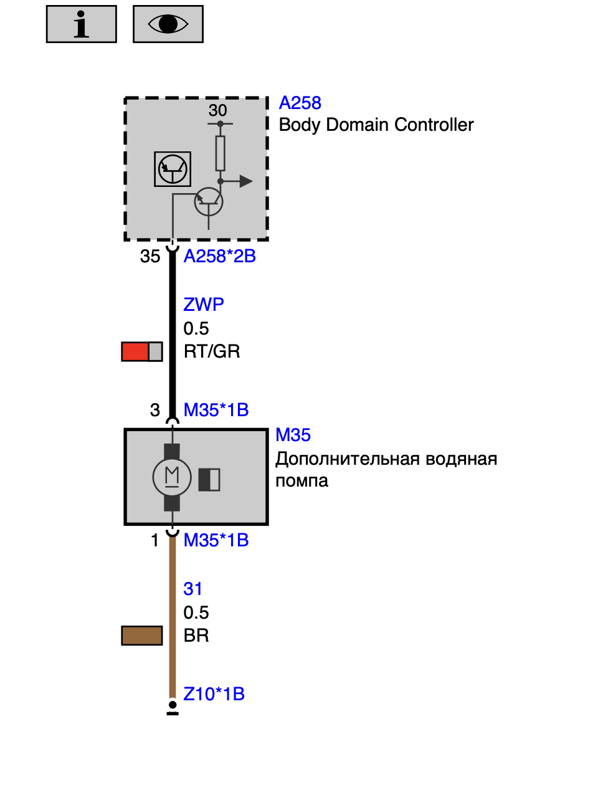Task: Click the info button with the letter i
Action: point(81,24)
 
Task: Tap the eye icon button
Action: point(168,24)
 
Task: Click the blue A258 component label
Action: point(300,103)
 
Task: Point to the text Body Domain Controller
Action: point(376,125)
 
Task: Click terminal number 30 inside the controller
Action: point(217,110)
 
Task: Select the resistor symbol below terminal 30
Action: point(220,153)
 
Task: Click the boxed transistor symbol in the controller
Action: point(173,169)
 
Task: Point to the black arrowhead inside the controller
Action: point(246,181)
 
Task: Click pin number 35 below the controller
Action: point(150,257)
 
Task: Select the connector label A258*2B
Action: point(220,257)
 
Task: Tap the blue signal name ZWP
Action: point(204,305)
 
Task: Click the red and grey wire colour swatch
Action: point(142,351)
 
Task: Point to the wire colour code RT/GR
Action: point(212,351)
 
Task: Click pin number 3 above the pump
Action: point(154,410)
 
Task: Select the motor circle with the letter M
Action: point(172,477)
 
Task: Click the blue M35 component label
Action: point(293,435)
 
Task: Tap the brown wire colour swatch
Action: point(142,635)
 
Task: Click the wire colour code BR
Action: point(196,635)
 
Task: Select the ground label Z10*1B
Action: point(214,694)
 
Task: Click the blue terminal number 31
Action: point(192,589)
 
